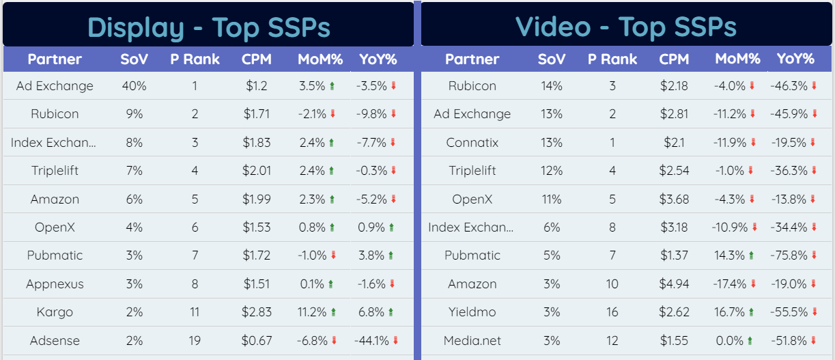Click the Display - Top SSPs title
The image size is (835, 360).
[x=208, y=27]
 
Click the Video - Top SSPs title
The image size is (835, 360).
[x=625, y=27]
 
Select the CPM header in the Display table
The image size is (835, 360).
[x=257, y=59]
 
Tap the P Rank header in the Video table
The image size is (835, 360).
[x=612, y=59]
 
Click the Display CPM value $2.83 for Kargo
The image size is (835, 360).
[x=257, y=312]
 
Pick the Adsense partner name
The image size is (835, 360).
[x=55, y=341]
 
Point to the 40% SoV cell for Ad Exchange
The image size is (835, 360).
[x=134, y=86]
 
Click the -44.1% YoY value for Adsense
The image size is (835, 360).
[x=371, y=341]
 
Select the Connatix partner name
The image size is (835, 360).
[x=472, y=143]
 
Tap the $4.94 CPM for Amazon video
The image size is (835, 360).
[x=674, y=284]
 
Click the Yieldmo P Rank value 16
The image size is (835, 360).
[x=612, y=312]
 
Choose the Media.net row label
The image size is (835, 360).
[x=472, y=341]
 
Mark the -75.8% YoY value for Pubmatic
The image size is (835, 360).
[x=789, y=255]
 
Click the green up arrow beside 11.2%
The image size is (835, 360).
[x=333, y=312]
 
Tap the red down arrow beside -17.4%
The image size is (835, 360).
[x=752, y=284]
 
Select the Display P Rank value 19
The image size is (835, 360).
[x=195, y=341]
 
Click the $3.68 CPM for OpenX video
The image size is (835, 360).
[x=674, y=199]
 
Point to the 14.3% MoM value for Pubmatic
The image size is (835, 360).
[x=728, y=255]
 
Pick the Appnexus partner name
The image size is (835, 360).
[x=55, y=284]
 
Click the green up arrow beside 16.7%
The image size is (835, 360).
[x=751, y=312]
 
